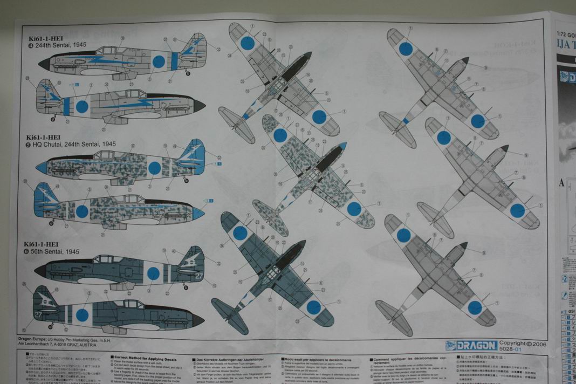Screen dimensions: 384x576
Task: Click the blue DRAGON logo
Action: click(x=470, y=346)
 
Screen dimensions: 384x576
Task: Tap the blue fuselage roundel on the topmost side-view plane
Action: click(x=158, y=61)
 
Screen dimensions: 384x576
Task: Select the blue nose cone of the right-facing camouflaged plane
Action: click(x=198, y=214)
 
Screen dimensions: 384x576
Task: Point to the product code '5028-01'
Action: click(x=510, y=349)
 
